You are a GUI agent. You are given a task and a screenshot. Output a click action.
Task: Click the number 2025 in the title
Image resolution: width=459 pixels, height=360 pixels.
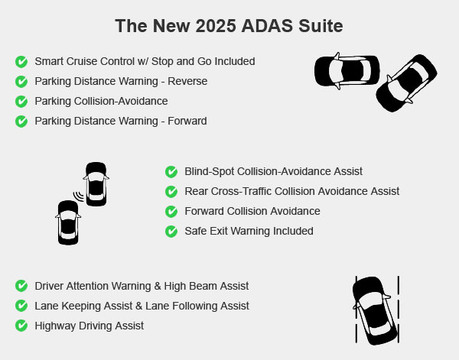click(216, 26)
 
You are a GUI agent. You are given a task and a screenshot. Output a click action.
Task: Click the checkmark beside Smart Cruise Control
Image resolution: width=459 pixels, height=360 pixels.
click(21, 62)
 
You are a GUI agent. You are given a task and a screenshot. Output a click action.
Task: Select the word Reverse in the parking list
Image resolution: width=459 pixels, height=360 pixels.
click(187, 81)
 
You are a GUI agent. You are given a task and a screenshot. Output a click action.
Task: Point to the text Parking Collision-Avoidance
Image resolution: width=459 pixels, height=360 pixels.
click(101, 101)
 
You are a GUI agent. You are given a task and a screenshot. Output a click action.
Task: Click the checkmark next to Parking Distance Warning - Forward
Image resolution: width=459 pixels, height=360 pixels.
click(21, 122)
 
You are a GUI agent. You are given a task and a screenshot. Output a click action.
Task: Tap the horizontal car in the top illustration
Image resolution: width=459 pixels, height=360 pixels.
click(347, 71)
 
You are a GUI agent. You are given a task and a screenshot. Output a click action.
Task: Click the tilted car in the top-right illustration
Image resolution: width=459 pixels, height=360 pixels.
click(406, 83)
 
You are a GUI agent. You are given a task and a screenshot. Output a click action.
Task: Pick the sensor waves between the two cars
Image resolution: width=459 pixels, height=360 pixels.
click(79, 196)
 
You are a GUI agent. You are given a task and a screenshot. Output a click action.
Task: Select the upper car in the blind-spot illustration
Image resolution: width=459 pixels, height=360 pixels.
click(96, 184)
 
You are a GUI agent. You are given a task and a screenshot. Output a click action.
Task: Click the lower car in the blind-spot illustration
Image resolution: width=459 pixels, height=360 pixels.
click(68, 222)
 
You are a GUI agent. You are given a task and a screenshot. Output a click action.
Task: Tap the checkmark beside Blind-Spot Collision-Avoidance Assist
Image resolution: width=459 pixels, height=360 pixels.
click(171, 172)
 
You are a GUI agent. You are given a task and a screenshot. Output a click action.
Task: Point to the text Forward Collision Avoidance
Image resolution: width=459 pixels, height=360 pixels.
click(252, 211)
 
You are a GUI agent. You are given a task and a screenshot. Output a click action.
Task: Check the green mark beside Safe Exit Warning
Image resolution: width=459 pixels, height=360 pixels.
click(171, 232)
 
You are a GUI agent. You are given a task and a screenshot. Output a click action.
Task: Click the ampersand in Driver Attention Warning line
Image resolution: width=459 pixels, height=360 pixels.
click(158, 286)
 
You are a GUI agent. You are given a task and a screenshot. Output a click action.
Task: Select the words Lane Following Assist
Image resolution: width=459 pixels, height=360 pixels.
click(197, 306)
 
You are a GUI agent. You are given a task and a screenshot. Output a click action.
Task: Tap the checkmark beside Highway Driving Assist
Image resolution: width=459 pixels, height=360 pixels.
click(21, 326)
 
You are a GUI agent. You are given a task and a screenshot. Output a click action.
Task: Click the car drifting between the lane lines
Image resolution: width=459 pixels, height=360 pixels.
click(376, 310)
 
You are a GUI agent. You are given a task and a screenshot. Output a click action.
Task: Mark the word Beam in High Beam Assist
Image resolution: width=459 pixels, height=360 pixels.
click(203, 286)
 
